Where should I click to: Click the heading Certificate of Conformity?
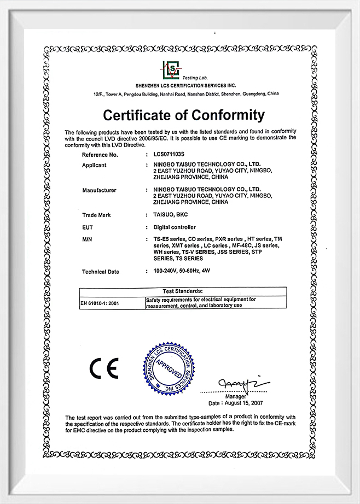tap(184, 115)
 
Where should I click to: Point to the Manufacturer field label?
tap(100, 190)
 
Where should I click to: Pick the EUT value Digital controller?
tap(175, 227)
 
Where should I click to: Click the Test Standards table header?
tap(183, 291)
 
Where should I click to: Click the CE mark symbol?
tap(104, 368)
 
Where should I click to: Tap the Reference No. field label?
tap(100, 155)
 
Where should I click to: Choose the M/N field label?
tap(86, 239)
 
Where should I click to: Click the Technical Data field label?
tap(100, 272)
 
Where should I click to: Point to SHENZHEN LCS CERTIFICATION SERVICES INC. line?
tap(185, 86)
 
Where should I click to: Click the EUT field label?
tap(88, 227)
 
